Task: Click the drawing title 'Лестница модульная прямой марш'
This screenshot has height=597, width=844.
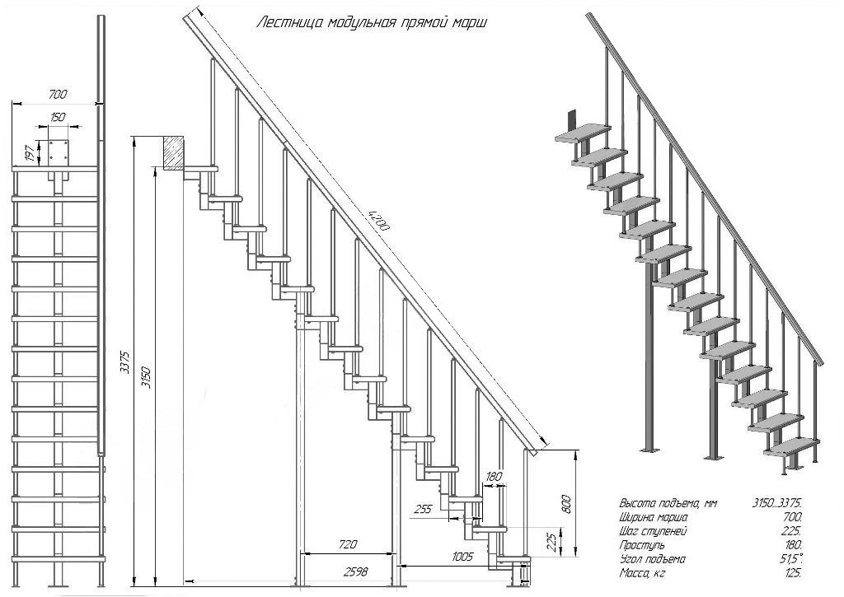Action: tap(372, 23)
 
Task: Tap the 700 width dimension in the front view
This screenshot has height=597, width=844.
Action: tap(57, 95)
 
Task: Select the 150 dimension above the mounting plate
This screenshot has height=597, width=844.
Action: tap(57, 118)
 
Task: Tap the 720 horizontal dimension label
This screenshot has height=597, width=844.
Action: tap(347, 544)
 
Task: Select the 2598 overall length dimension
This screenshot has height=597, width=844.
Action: tap(355, 571)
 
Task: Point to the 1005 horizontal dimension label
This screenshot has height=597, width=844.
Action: tap(462, 557)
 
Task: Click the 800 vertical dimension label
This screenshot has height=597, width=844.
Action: tap(566, 502)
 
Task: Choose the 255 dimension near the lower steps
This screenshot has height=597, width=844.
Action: tap(422, 509)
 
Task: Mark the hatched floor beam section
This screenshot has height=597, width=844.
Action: tap(174, 152)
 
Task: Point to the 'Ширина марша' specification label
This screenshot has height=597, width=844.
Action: tap(654, 516)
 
